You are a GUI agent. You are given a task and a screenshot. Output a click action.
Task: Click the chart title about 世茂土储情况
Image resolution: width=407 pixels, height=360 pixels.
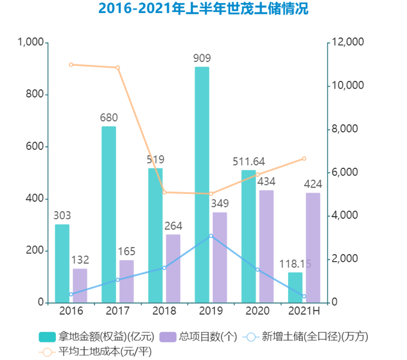[203, 10]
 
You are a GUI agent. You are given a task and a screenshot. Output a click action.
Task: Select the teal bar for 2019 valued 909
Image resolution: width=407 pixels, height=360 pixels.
[202, 184]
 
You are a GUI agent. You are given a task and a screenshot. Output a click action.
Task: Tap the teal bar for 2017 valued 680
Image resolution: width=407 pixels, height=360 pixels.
[109, 214]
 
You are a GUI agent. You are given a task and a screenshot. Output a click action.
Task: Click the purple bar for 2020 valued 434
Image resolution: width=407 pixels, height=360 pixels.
[267, 246]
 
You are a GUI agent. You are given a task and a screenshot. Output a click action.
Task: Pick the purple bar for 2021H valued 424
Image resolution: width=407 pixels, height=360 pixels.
[313, 248]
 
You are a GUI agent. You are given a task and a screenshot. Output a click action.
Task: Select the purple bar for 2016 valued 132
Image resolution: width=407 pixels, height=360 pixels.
[80, 286]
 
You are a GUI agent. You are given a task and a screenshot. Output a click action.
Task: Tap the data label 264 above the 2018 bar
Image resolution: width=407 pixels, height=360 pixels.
[173, 226]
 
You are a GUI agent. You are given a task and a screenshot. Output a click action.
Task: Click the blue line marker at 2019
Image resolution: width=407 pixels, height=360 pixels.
[211, 236]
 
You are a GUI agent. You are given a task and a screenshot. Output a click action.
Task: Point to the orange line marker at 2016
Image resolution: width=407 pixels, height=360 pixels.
[71, 64]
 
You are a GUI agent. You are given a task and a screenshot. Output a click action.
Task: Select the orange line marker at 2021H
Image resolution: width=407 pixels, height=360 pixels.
[304, 158]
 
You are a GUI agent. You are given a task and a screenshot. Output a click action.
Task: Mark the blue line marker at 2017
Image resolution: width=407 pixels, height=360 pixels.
[118, 280]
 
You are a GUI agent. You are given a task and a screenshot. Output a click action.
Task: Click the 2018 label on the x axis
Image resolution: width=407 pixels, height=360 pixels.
[164, 311]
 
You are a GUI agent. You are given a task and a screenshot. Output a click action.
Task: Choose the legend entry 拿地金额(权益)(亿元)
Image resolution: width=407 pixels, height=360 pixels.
[95, 337]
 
